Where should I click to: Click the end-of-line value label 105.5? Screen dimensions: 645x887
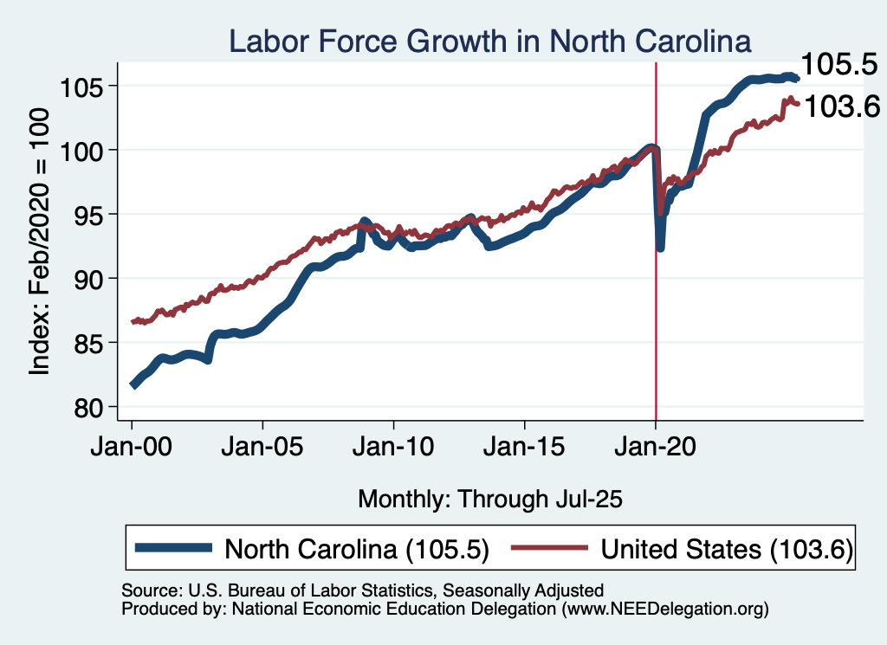coord(836,64)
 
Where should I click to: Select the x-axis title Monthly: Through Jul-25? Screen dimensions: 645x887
coord(490,499)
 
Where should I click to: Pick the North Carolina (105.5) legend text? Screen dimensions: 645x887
coord(358,549)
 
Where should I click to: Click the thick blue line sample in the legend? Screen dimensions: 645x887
coord(173,548)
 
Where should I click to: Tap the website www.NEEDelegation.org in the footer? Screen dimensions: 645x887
coord(664,610)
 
